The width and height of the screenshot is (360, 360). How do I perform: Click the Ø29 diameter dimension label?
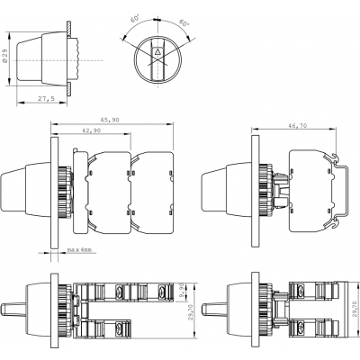tap(4, 56)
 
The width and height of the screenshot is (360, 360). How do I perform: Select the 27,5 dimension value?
tap(46, 98)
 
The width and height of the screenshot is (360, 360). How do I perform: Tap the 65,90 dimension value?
tap(110, 120)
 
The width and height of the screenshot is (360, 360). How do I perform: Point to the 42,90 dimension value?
tap(92, 130)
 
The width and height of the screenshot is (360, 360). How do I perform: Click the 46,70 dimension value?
tap(298, 126)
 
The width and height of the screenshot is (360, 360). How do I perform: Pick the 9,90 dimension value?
tap(189, 291)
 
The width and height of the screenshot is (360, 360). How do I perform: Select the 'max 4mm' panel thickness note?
tap(79, 249)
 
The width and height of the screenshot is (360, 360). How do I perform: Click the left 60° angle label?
tap(136, 20)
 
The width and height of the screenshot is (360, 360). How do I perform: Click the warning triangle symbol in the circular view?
tap(157, 51)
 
